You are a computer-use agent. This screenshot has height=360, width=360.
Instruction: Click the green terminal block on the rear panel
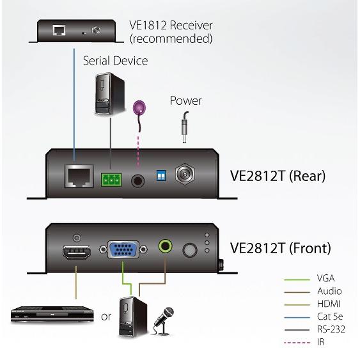point(111,180)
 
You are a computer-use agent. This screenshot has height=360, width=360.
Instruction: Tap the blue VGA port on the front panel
point(123,249)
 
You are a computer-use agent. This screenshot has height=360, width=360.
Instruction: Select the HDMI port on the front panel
point(77,252)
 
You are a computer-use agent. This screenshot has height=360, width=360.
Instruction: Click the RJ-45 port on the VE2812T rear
point(79,176)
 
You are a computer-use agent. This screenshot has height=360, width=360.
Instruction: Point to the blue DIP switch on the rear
point(161,176)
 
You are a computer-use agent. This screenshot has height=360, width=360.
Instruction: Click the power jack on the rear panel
point(185,175)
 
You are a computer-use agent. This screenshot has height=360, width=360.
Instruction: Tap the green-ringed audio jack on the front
point(166,246)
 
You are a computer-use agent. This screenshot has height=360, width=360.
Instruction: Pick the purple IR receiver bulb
point(139,107)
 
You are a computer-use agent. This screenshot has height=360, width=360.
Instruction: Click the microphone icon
point(164,321)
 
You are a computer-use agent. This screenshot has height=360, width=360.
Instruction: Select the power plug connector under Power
point(185,127)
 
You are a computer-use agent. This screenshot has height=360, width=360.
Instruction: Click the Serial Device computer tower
point(110,93)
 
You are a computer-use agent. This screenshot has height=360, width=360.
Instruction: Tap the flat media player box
point(52,314)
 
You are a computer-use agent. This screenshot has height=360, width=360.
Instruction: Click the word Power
point(185,101)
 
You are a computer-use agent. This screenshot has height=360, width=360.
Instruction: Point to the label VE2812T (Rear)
point(278,176)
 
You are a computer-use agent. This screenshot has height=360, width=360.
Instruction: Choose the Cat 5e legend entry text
point(330,317)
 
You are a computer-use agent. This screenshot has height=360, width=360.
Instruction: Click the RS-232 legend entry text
point(331,329)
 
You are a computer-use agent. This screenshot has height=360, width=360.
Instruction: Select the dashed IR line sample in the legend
point(297,343)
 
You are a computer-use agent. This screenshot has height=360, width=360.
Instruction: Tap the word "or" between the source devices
point(106,317)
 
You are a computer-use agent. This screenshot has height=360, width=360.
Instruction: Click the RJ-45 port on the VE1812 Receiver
point(59,30)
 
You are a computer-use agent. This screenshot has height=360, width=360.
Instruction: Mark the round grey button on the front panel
point(190,250)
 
